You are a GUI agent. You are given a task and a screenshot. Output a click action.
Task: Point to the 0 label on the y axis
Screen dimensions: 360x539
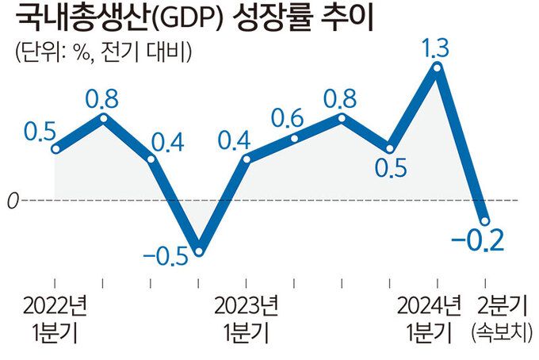click(12, 201)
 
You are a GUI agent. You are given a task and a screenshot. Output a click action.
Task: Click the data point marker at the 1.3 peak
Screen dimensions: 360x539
click(437, 68)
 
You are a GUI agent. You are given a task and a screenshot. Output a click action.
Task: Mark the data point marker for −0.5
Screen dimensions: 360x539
click(199, 251)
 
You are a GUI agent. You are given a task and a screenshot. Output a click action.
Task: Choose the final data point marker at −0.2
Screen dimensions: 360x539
click(485, 220)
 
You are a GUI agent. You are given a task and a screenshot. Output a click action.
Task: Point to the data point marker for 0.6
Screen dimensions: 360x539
click(294, 139)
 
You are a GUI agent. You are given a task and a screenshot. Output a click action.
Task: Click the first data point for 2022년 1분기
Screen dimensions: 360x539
click(55, 148)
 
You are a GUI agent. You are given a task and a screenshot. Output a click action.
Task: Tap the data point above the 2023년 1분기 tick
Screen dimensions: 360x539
click(247, 159)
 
